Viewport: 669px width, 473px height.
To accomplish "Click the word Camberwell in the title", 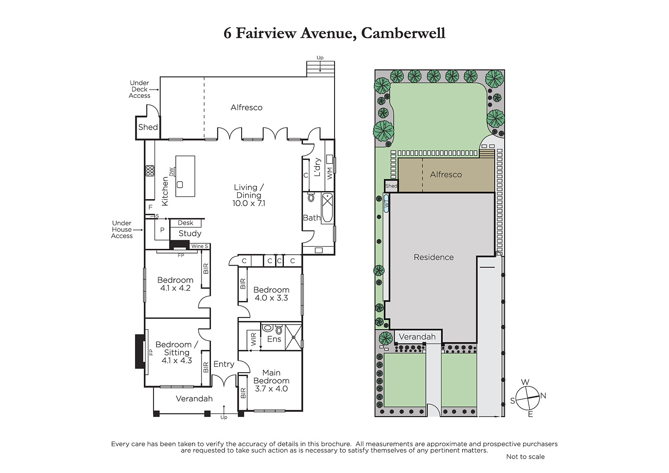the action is (x=403, y=33).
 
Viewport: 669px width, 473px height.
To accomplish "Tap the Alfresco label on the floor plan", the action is (x=246, y=107).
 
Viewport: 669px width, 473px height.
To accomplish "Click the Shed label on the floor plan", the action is (x=148, y=127).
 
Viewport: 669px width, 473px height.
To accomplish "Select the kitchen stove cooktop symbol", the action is (x=150, y=171).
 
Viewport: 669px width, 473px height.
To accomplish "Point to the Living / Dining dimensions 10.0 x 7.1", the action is (x=249, y=204).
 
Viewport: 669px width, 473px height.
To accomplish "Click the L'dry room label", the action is (x=317, y=167).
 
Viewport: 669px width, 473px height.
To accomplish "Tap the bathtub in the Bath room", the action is (x=327, y=208).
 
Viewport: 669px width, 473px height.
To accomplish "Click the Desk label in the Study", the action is (x=186, y=223).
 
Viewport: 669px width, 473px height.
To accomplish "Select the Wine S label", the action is (x=199, y=246).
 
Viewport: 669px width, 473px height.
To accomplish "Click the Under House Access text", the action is (x=122, y=230).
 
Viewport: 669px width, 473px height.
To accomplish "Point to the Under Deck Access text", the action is (x=140, y=89).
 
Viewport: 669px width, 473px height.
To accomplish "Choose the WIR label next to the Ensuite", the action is (x=253, y=339).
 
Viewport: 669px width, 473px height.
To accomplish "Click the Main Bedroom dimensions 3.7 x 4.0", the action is (x=271, y=389).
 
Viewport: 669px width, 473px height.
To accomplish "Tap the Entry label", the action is (x=224, y=364).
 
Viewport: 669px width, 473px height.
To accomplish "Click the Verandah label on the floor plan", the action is (x=194, y=399).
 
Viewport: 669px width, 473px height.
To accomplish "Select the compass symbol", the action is (x=527, y=398).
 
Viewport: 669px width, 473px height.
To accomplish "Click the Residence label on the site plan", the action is (x=434, y=257).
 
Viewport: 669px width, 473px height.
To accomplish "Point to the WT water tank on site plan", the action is (x=386, y=204).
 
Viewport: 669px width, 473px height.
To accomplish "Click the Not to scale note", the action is (x=525, y=457).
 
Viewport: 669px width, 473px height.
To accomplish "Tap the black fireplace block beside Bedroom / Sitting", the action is (x=140, y=351).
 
